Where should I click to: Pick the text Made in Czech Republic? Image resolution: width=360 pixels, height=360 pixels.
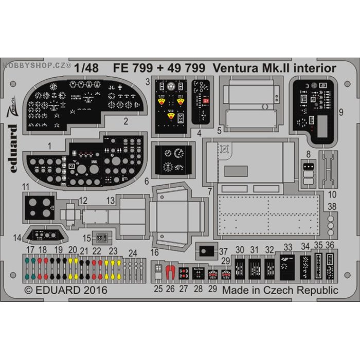click(280, 290)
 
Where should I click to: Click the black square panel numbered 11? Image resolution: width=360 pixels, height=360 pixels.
click(40, 206)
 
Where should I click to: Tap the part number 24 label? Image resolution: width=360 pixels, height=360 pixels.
click(133, 253)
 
